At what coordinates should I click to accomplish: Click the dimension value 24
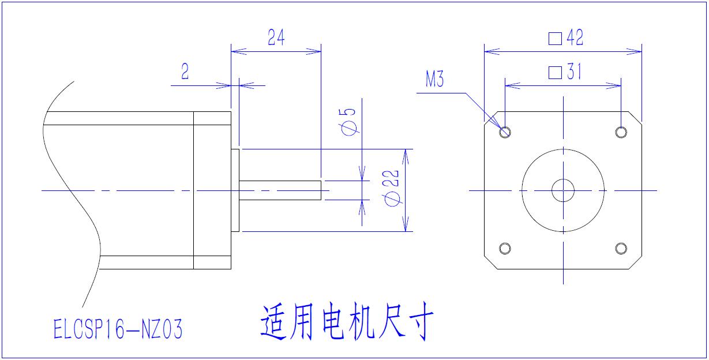click(x=276, y=37)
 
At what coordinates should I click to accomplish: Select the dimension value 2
click(x=185, y=72)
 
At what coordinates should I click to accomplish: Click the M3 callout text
click(x=435, y=80)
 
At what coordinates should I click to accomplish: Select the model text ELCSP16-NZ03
click(x=118, y=331)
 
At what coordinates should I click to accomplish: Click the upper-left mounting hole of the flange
click(x=505, y=132)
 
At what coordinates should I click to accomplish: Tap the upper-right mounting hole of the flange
click(x=621, y=132)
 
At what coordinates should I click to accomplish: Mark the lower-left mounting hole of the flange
click(x=505, y=248)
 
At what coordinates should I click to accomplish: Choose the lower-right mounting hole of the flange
click(x=621, y=248)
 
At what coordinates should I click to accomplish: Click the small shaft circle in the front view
click(x=563, y=190)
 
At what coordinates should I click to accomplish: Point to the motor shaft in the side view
click(x=280, y=190)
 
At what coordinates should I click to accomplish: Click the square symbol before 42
click(x=555, y=39)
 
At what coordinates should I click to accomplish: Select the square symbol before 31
click(x=555, y=73)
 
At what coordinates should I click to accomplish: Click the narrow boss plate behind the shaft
click(x=235, y=190)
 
